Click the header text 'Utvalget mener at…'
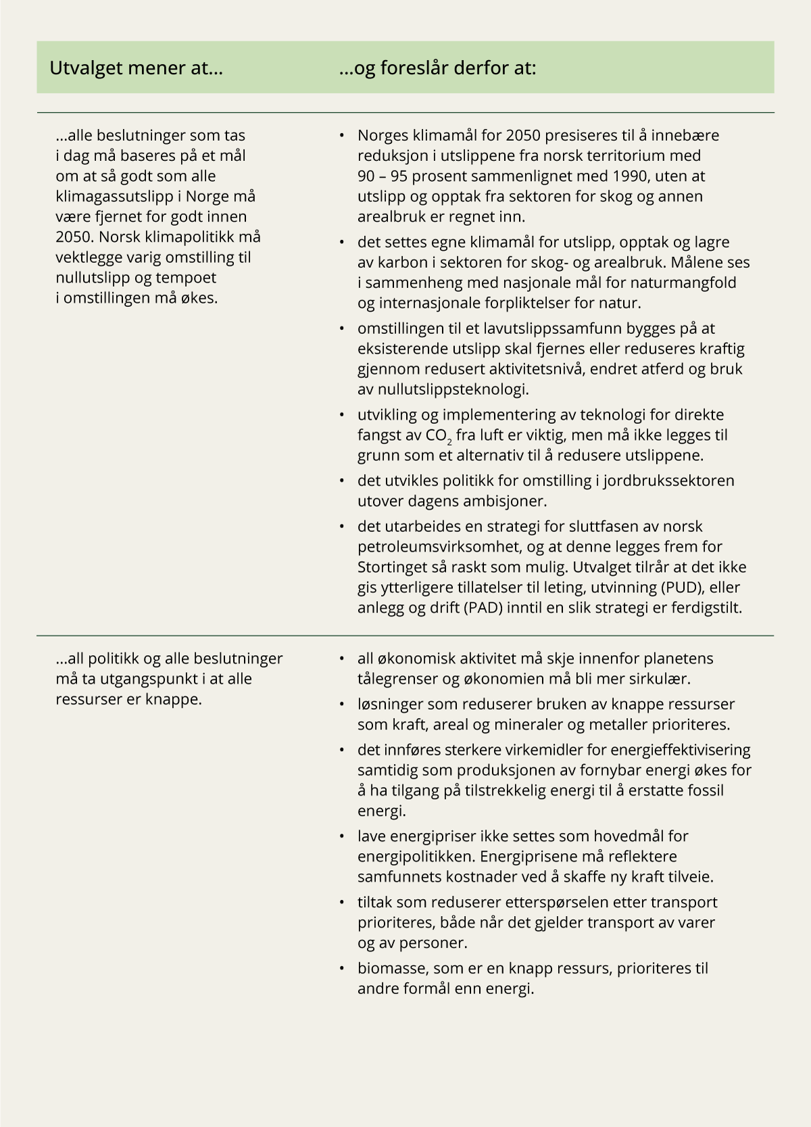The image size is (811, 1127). [x=136, y=68]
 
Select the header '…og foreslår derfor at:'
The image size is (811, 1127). [x=437, y=68]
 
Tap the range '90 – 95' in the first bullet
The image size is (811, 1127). [x=383, y=176]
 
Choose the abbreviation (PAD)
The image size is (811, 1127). [x=485, y=607]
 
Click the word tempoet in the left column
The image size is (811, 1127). [x=189, y=277]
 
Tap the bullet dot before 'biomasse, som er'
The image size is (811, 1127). [x=343, y=969]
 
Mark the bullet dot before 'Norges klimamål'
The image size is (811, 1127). [x=343, y=136]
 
